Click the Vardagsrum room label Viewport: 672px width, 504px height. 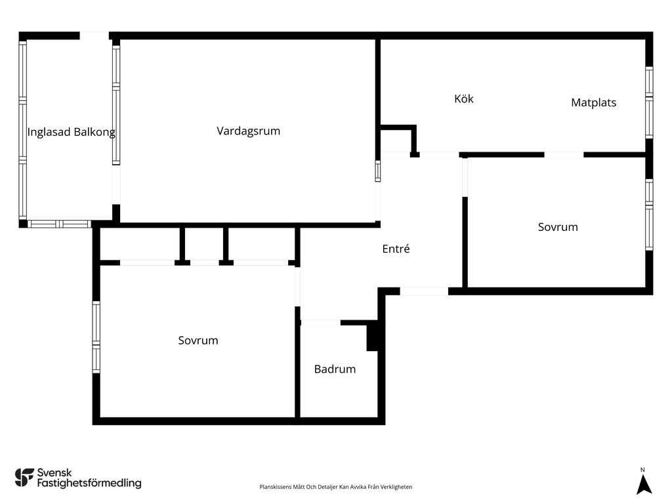pos(248,131)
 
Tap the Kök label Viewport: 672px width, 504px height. pos(463,99)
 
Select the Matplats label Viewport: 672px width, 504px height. pos(593,102)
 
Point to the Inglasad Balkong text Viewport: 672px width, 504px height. pos(71,132)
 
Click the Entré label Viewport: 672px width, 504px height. pos(396,249)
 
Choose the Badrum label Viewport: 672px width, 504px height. pos(335,369)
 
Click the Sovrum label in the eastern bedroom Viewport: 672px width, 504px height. pos(558,227)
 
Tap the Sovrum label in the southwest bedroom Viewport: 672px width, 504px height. pos(198,341)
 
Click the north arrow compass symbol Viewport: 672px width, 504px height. pos(644,484)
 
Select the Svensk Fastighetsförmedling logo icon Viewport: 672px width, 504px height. pos(24,477)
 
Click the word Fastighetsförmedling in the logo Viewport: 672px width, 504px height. pos(89,484)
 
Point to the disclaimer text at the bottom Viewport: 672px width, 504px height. pos(336,487)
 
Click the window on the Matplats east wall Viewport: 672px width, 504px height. pos(649,102)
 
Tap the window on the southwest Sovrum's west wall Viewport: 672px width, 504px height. pos(96,337)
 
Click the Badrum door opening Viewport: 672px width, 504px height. pos(320,322)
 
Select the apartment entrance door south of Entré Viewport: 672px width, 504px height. pos(424,291)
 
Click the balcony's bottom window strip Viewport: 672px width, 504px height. pos(59,224)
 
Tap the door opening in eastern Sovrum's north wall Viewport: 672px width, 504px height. pos(564,155)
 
